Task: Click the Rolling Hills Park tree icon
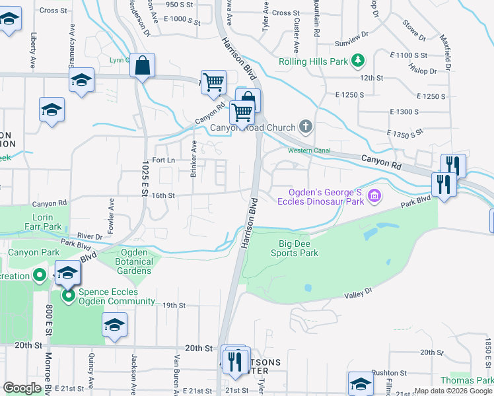coord(358,61)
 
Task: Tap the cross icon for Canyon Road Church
coord(305,126)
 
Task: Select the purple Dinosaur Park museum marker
coord(374,195)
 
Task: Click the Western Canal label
coord(308,150)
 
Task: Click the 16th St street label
coord(162,196)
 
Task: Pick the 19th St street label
coord(174,305)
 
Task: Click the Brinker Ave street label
coord(194,158)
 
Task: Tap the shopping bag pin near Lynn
coord(142,65)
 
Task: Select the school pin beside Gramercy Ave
coord(81,81)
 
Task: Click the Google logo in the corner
coord(22,388)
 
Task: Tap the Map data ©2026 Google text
coord(444,391)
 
